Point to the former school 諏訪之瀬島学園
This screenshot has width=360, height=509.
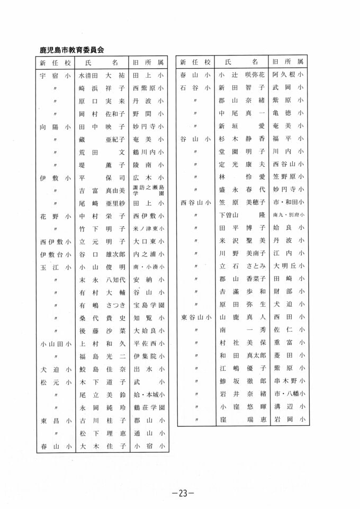[x=148, y=191]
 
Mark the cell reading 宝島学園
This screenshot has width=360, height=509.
[x=148, y=305]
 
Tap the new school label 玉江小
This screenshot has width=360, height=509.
[x=55, y=267]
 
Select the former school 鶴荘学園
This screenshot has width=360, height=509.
[x=148, y=407]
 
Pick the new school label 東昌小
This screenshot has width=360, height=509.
[x=55, y=421]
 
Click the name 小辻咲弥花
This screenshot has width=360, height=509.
[x=241, y=75]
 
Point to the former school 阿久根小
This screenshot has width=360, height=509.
[x=287, y=75]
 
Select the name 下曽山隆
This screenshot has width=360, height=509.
[x=241, y=216]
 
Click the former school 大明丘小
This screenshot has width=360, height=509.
[x=287, y=267]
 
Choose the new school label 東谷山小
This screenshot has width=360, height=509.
[x=196, y=318]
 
